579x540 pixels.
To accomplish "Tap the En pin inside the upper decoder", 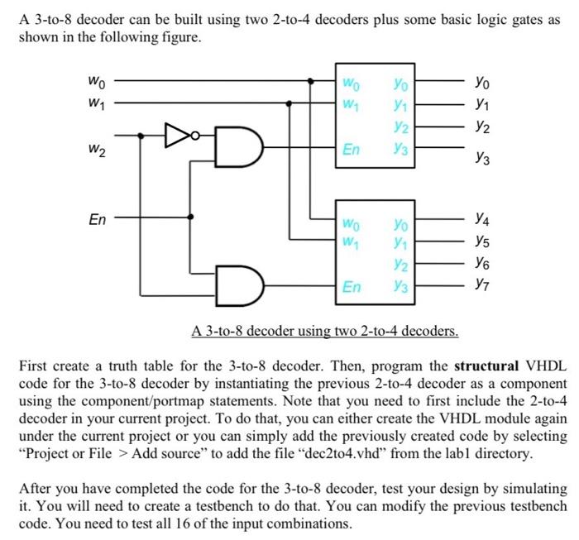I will [x=352, y=149].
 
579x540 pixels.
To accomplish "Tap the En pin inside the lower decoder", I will [x=352, y=287].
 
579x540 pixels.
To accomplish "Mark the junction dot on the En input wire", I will [x=192, y=217].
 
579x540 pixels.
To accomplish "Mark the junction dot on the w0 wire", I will [x=311, y=81].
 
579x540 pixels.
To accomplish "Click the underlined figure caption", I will [x=324, y=332].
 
